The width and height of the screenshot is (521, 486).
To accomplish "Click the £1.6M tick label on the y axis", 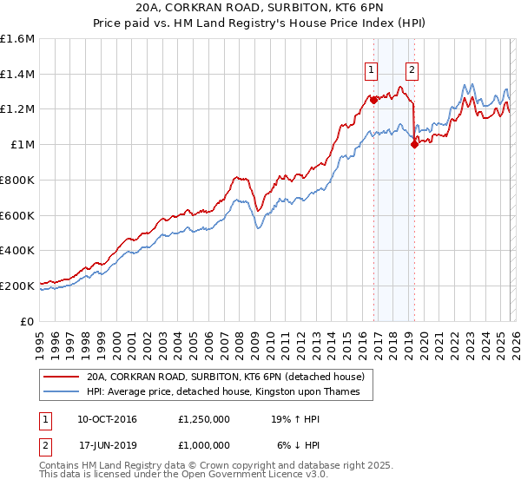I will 17,39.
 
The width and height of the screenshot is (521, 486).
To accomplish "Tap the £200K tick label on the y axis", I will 17,286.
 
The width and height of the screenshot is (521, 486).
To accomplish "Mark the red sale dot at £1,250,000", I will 374,101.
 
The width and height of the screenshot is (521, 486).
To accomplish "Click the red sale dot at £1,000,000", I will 415,145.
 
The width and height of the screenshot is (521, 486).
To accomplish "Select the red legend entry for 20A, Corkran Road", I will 230,378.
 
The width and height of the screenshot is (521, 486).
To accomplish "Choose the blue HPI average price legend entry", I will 229,392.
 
